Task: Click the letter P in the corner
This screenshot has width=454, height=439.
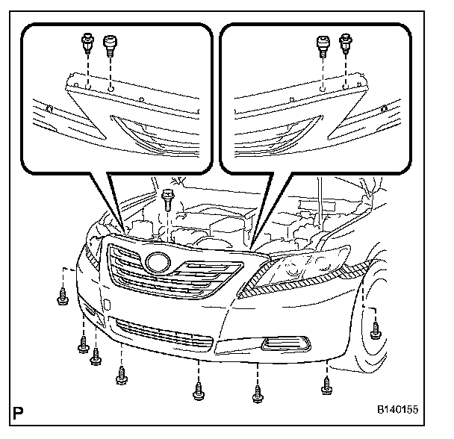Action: point(17,411)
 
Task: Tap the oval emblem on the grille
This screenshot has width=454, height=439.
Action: point(158,263)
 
